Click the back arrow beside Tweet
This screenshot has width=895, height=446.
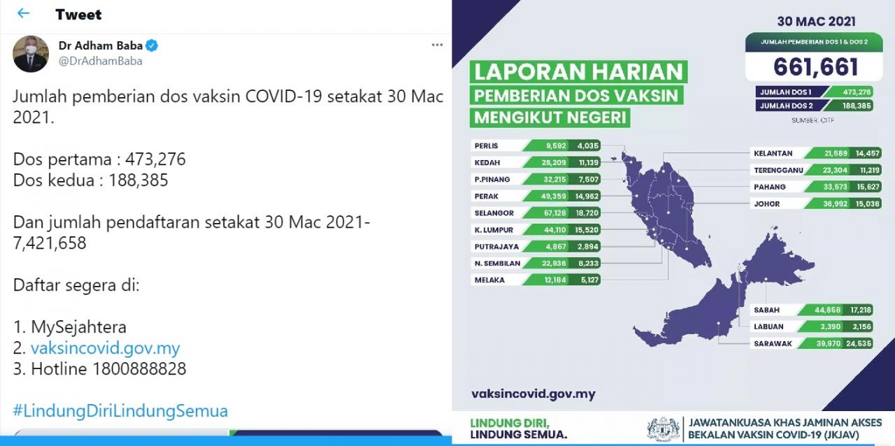pyautogui.click(x=24, y=13)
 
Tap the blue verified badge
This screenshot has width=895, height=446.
pyautogui.click(x=152, y=45)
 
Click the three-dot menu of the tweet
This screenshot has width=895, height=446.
pyautogui.click(x=437, y=45)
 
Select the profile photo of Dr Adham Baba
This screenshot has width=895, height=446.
pyautogui.click(x=31, y=54)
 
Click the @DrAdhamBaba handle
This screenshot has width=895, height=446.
pyautogui.click(x=100, y=61)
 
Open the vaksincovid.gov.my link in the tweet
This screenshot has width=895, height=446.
pyautogui.click(x=106, y=348)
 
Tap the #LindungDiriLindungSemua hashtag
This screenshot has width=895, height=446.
pyautogui.click(x=120, y=411)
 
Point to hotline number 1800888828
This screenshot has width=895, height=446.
pyautogui.click(x=139, y=369)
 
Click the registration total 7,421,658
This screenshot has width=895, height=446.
pyautogui.click(x=50, y=243)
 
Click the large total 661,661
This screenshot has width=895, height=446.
pyautogui.click(x=815, y=66)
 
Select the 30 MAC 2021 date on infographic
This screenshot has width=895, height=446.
pyautogui.click(x=816, y=22)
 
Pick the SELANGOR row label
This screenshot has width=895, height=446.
pyautogui.click(x=494, y=213)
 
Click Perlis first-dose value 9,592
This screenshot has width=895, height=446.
pyautogui.click(x=556, y=146)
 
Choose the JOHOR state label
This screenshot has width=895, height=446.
pyautogui.click(x=767, y=204)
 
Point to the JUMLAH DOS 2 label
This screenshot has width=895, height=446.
pyautogui.click(x=787, y=106)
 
